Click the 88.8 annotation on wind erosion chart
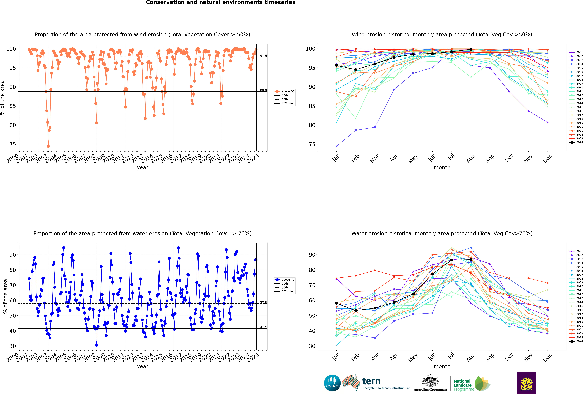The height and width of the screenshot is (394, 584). pos(263,90)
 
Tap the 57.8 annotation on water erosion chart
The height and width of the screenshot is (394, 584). pos(263,303)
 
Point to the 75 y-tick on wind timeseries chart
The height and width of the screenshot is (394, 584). pos(13,144)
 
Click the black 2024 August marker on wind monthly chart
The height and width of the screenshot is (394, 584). pos(471,49)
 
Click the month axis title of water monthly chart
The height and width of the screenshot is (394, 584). pos(442,366)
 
